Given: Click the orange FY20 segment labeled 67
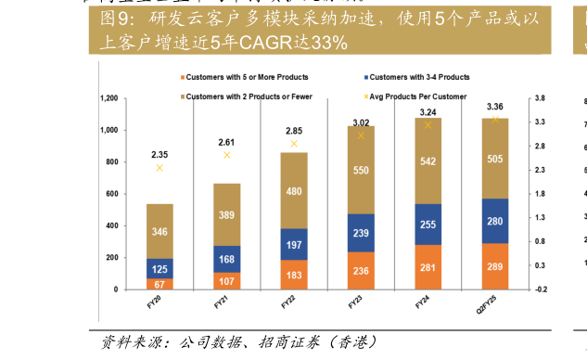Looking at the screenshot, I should click(160, 283).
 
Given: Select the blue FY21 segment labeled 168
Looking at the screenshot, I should click(227, 259).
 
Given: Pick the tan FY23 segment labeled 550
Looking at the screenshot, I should click(361, 170).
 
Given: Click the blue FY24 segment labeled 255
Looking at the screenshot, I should click(427, 224).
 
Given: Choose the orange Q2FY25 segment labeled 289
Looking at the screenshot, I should click(494, 266).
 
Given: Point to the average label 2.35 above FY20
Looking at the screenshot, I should click(160, 155).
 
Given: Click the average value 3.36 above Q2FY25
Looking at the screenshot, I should click(494, 107).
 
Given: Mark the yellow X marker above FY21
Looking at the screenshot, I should click(227, 155).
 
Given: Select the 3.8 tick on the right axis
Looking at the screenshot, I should click(540, 98).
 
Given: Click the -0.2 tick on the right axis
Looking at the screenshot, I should click(540, 289).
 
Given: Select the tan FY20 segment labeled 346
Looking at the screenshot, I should click(160, 231).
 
